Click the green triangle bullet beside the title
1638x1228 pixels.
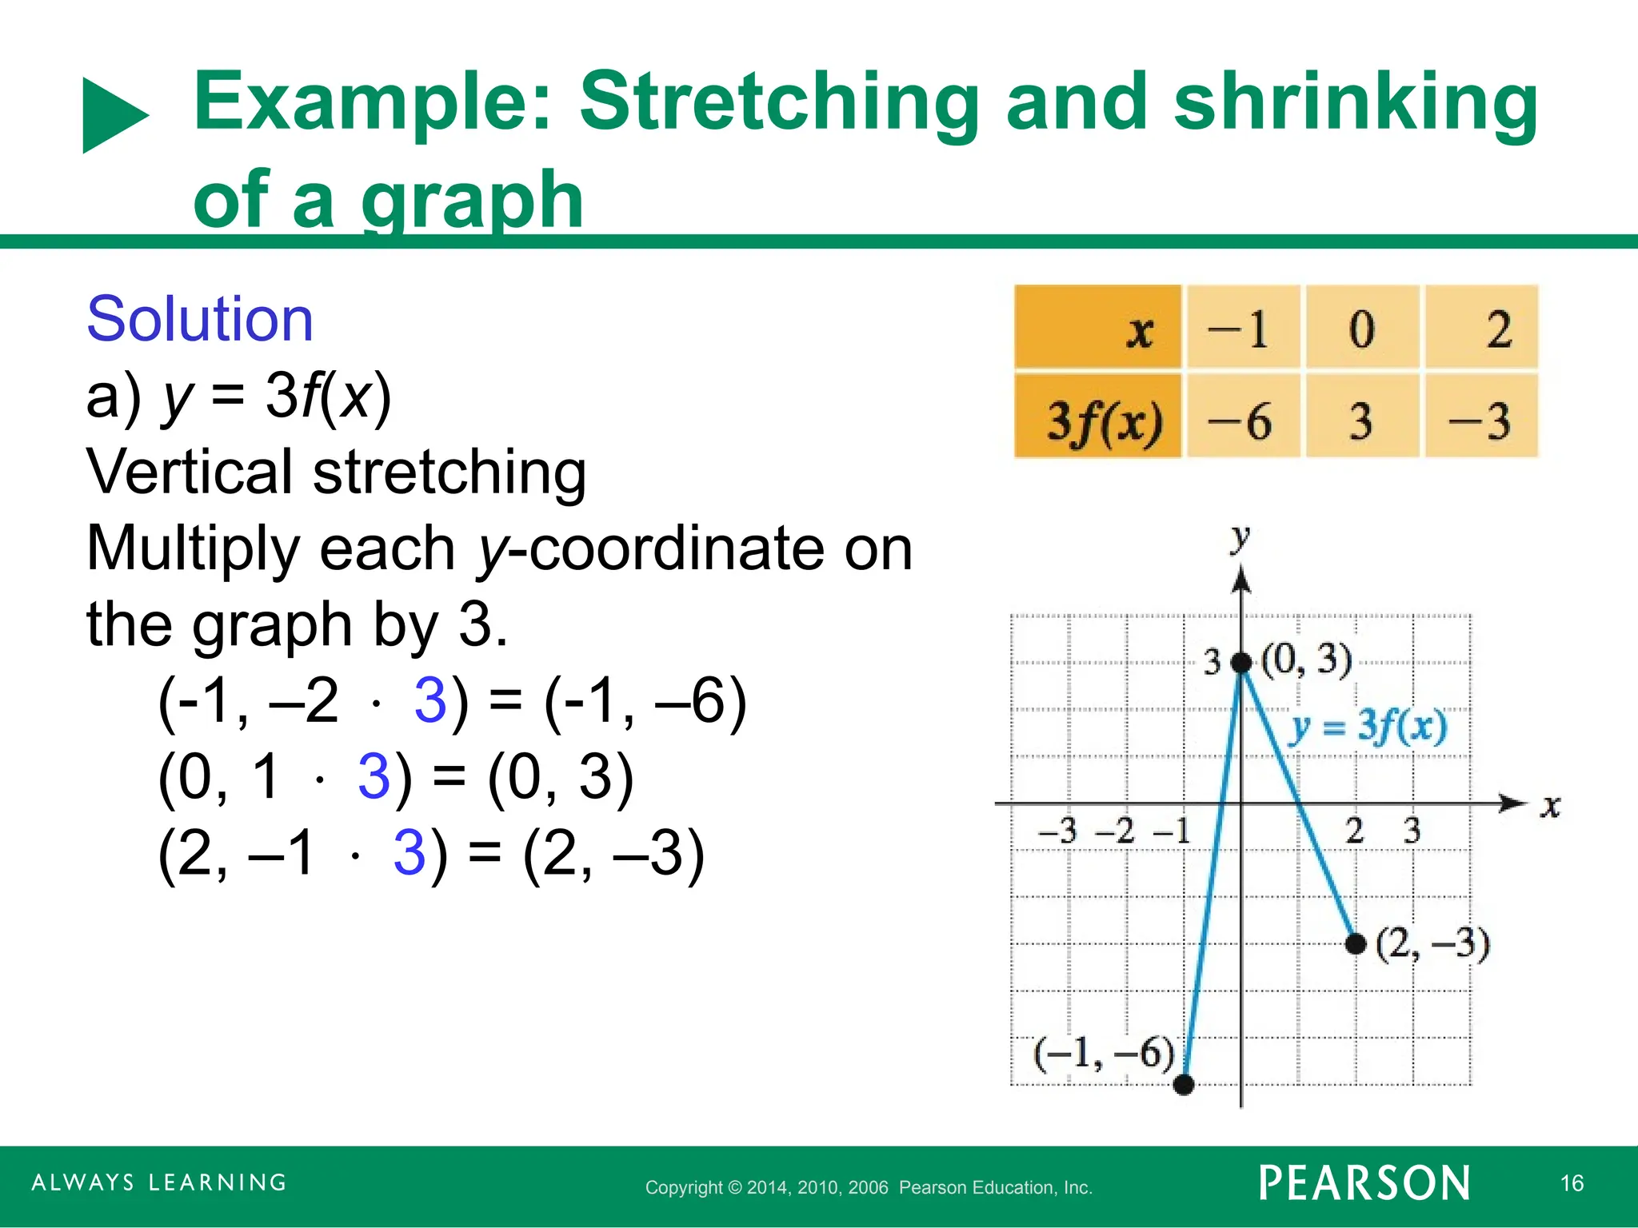coord(113,115)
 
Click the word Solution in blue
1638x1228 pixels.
coord(200,319)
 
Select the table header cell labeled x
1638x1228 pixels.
coord(1098,329)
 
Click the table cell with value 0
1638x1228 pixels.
coord(1361,329)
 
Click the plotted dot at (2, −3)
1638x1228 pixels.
coord(1356,944)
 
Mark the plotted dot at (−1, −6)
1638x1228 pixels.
coord(1184,1085)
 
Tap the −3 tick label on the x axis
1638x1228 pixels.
coord(1058,831)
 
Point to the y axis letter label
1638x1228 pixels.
coord(1240,537)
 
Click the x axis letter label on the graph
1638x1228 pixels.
coord(1550,806)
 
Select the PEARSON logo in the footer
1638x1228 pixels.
coord(1364,1183)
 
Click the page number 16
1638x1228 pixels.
coord(1572,1183)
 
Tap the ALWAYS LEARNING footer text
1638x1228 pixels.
coord(159,1183)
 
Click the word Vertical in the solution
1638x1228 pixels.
coord(189,472)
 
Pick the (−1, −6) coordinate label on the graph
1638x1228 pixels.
coord(1104,1053)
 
